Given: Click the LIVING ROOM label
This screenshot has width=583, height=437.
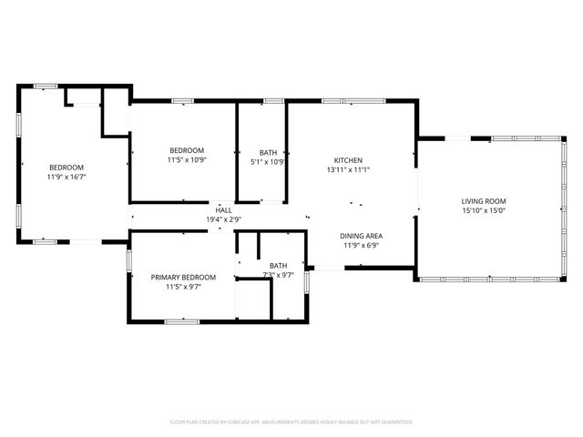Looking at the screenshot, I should coord(484,201).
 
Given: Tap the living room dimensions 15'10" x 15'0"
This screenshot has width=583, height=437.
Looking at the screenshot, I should coord(484,211).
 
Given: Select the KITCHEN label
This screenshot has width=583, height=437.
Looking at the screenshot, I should coord(348,160).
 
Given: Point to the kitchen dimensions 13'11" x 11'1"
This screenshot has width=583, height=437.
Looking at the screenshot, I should coord(348,169).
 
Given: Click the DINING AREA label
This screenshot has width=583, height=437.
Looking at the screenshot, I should coord(362,235).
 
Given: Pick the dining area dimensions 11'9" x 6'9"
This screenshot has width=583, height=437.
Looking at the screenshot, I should coord(362,245).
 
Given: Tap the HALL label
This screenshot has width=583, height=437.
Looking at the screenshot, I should coord(223,210).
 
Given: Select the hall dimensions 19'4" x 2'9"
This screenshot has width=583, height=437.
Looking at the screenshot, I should coord(223,219).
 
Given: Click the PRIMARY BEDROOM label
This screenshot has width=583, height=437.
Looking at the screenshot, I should coord(184,277).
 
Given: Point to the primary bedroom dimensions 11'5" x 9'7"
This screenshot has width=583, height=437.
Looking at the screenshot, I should coord(184,287).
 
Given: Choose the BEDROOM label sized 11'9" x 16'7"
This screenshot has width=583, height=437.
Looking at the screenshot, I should coord(66,167).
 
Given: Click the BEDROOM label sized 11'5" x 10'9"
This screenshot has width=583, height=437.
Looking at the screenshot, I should coord(186,150).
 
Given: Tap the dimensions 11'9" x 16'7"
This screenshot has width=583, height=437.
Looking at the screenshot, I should coord(66,177).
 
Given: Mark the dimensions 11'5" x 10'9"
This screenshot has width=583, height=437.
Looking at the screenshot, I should coord(186,160).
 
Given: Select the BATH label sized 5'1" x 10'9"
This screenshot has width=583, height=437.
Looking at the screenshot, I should coord(268,153).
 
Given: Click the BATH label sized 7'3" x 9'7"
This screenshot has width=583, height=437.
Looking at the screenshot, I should coord(278,265).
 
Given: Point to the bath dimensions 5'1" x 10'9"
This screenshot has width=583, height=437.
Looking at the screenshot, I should coord(268,163).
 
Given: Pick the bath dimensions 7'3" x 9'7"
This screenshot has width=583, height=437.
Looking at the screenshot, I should coord(278,274).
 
